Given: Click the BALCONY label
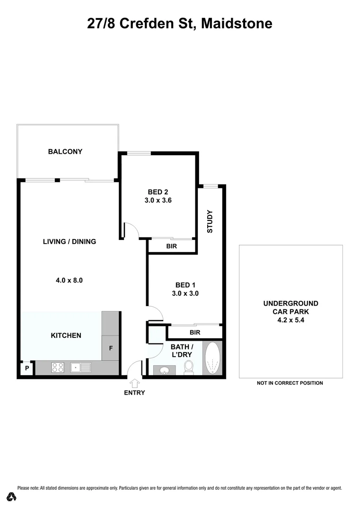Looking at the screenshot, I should coord(65,152).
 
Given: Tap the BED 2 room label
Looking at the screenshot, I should coord(158,192).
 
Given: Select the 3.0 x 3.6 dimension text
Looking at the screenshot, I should coord(158,200).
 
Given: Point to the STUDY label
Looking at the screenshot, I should coord(210,221).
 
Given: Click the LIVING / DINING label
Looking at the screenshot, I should coord(70,242).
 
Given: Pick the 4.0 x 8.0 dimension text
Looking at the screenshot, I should coord(69,280).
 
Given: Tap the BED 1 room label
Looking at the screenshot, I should coord(185,285).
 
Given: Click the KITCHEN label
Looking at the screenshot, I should coord(66,335).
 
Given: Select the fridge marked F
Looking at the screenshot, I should coord(111,348).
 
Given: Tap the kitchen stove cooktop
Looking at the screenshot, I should coord(58,367).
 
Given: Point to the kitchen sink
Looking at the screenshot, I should coord(80,367).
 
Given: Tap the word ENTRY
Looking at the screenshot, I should coord(134,393).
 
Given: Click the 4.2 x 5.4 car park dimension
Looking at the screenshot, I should coord(290,320).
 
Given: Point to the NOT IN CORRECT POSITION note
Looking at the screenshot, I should coord(290,383).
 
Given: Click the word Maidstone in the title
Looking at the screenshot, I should coord(237,23).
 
